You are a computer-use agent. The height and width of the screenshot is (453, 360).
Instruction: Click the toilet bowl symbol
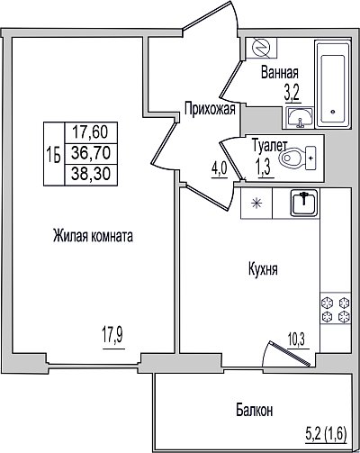pos(297,158)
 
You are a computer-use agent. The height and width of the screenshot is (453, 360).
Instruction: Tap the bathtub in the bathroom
pos(333,84)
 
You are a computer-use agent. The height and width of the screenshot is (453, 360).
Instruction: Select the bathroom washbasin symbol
pos(300,117)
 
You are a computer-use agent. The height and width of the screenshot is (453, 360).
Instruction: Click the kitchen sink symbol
pos(303,203)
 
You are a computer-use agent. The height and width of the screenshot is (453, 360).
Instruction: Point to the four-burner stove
pos(336,308)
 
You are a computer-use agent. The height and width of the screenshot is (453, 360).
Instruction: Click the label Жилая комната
pos(93,236)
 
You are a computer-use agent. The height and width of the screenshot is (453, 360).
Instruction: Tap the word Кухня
pos(263,268)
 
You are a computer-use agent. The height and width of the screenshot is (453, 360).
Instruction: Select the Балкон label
pos(255,410)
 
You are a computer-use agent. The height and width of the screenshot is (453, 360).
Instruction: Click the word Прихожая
pos(210,109)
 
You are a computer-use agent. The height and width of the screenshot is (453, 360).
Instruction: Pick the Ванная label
pos(280,72)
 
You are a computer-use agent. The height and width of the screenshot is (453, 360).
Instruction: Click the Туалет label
pos(270,145)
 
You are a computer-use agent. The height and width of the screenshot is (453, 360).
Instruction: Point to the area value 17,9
pos(112,336)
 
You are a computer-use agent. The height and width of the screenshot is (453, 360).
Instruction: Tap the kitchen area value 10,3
pos(296,340)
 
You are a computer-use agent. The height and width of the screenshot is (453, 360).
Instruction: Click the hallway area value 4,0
pos(220,171)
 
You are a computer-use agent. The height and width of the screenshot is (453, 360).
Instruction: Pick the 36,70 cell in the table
pos(91,153)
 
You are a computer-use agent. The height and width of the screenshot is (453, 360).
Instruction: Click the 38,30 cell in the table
pos(91,175)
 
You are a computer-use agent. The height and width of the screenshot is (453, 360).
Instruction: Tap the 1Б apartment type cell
pos(54,154)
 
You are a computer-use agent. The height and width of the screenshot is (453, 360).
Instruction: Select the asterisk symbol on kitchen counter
pos(256,204)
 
